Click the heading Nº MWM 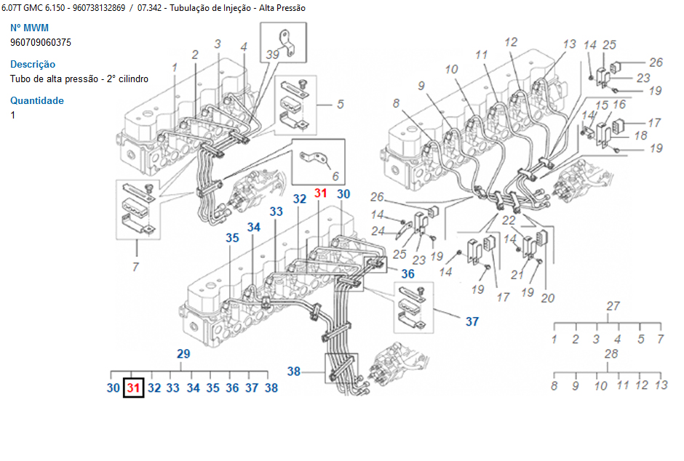pyautogui.click(x=29, y=28)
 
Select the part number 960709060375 pyautogui.click(x=41, y=43)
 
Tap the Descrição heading pyautogui.click(x=33, y=65)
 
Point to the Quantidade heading pyautogui.click(x=37, y=100)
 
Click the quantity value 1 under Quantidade pyautogui.click(x=12, y=115)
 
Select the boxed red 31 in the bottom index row pyautogui.click(x=133, y=388)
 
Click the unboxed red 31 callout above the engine pyautogui.click(x=321, y=193)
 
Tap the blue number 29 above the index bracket pyautogui.click(x=183, y=353)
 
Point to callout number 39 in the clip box pyautogui.click(x=273, y=55)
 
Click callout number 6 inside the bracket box pyautogui.click(x=335, y=176)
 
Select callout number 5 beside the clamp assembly pyautogui.click(x=341, y=104)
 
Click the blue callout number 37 pyautogui.click(x=472, y=321)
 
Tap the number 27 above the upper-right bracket pyautogui.click(x=613, y=306)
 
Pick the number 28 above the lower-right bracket pyautogui.click(x=611, y=354)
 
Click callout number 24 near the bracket pyautogui.click(x=378, y=230)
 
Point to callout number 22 pyautogui.click(x=508, y=220)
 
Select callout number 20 pyautogui.click(x=547, y=298)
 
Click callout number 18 pyautogui.click(x=640, y=135)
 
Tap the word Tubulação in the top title pyautogui.click(x=188, y=8)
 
